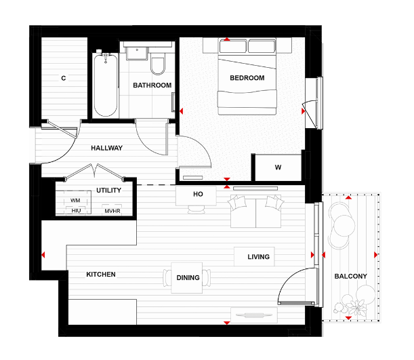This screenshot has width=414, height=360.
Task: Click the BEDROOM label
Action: [247, 78]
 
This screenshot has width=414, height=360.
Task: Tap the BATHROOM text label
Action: [152, 85]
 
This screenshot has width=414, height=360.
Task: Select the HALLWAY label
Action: [106, 148]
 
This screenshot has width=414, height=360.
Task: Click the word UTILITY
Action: [108, 191]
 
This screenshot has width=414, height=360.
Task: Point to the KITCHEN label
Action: [101, 275]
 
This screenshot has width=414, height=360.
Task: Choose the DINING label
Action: [187, 278]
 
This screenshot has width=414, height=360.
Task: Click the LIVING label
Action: [258, 257]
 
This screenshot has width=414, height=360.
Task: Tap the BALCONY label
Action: [350, 276]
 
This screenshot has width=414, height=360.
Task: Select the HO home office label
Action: [198, 194]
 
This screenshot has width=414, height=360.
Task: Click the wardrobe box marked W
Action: [278, 167]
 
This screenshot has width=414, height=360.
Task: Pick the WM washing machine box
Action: [76, 201]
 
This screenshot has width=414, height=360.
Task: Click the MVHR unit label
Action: [112, 211]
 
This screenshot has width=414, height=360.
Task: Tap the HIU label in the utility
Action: [76, 211]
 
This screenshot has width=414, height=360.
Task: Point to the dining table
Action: [187, 278]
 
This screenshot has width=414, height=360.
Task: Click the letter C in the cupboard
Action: [63, 79]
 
